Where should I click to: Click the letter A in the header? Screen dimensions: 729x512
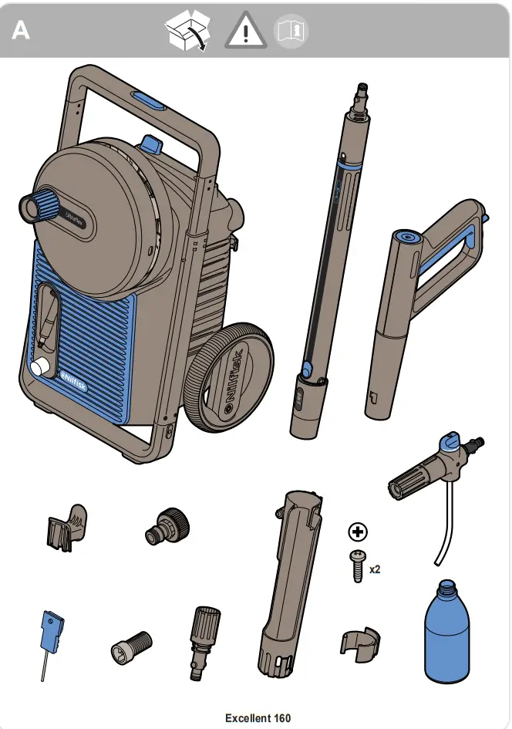(21, 32)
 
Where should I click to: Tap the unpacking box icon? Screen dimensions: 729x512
(187, 32)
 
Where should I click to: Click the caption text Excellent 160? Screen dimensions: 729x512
(258, 718)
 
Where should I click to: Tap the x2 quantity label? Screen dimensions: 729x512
(376, 570)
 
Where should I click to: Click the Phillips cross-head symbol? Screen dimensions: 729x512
(358, 532)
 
